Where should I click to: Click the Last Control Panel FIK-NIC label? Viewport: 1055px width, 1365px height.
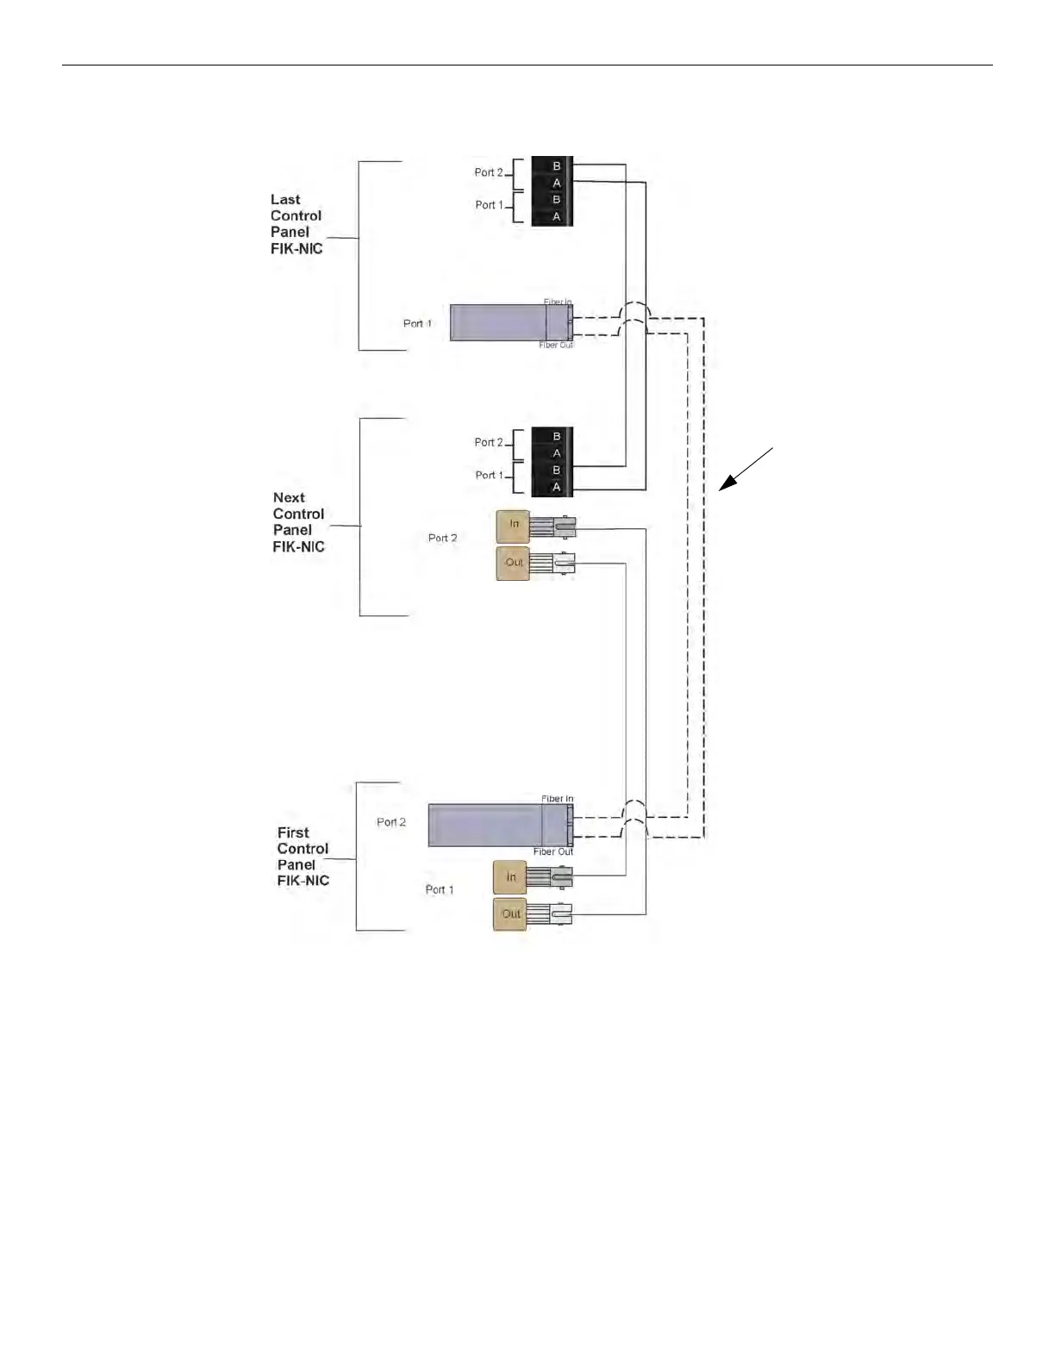297,224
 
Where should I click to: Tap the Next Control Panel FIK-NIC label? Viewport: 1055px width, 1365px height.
298,522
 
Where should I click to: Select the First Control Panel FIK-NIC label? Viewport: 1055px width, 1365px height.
303,857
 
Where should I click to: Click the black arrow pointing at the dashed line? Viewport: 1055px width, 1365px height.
746,470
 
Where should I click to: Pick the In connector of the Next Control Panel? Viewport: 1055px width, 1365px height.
514,525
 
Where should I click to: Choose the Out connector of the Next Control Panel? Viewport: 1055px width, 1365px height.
514,563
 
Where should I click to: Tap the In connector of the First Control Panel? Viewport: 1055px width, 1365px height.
510,877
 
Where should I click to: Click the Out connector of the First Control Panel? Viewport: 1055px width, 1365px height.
510,913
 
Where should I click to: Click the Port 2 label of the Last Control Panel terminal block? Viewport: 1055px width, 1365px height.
488,172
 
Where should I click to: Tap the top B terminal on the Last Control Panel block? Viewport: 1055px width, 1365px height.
556,166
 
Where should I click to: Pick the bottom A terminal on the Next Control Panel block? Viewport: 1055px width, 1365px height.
556,488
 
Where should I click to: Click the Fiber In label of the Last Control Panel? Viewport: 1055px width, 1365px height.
558,302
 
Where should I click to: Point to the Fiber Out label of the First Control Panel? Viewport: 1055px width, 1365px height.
552,851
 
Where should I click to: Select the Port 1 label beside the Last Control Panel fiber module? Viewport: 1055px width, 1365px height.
417,324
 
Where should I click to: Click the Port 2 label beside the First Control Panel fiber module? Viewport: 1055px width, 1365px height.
391,822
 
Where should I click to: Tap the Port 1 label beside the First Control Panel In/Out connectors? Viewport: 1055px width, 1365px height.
440,889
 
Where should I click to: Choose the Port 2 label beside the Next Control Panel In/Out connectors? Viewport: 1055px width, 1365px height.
443,538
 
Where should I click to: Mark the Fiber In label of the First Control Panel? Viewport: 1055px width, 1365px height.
557,799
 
